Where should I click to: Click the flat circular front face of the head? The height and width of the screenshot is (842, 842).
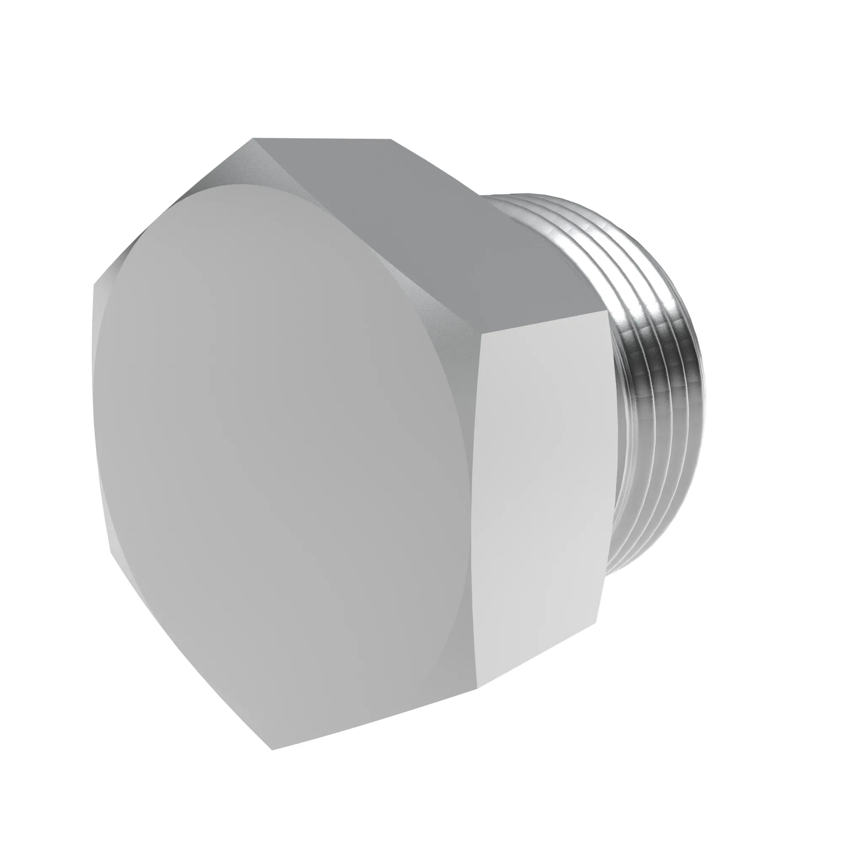coord(279,436)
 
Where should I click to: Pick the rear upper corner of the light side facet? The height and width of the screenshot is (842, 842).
coord(607,312)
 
